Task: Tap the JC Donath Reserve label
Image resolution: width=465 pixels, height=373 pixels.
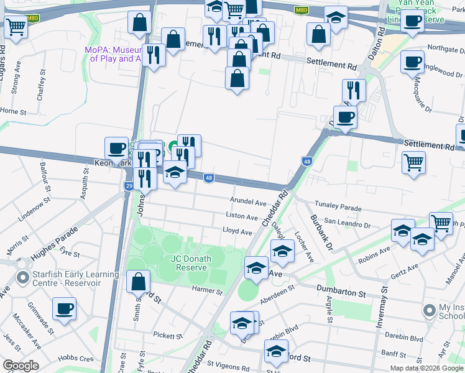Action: pyautogui.click(x=192, y=263)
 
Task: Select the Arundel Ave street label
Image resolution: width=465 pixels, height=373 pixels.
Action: pyautogui.click(x=248, y=203)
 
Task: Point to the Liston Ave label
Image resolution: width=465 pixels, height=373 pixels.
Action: pyautogui.click(x=242, y=217)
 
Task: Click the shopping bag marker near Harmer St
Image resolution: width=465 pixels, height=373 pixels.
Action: pyautogui.click(x=138, y=282)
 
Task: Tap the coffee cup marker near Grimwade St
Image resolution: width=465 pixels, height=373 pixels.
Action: pyautogui.click(x=64, y=309)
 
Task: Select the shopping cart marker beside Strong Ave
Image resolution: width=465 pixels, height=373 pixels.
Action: pyautogui.click(x=16, y=27)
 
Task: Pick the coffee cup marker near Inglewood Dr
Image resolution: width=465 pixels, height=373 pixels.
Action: pyautogui.click(x=412, y=62)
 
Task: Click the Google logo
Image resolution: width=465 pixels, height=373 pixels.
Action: pyautogui.click(x=20, y=366)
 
